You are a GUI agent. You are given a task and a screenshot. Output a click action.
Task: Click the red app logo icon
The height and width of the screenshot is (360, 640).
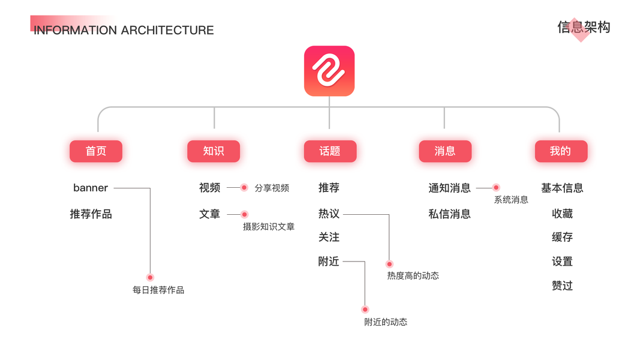pyautogui.click(x=329, y=71)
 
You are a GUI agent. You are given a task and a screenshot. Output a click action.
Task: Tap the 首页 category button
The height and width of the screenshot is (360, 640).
pyautogui.click(x=96, y=151)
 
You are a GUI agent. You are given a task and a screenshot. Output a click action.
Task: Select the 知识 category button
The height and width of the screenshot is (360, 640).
pyautogui.click(x=214, y=151)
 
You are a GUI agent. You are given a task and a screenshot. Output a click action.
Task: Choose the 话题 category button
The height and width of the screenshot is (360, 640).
pyautogui.click(x=330, y=151)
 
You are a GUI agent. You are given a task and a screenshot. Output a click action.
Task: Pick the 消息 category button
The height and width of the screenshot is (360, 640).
pyautogui.click(x=445, y=151)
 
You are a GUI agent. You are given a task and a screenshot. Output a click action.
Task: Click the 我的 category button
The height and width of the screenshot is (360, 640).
pyautogui.click(x=561, y=151)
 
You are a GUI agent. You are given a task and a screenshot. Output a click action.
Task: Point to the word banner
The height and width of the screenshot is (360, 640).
pyautogui.click(x=91, y=188)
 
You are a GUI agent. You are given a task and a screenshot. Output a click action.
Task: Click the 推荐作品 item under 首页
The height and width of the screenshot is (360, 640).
pyautogui.click(x=91, y=214)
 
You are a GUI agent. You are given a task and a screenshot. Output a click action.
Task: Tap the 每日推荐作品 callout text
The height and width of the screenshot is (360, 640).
pyautogui.click(x=158, y=290)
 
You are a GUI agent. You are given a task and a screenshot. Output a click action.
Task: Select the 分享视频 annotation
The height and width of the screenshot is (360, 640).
pyautogui.click(x=272, y=188)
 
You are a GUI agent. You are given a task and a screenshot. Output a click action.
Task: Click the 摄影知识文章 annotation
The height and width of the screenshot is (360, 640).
pyautogui.click(x=269, y=227)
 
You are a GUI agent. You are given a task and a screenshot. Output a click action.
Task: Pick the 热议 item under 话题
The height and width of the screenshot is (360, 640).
pyautogui.click(x=329, y=214)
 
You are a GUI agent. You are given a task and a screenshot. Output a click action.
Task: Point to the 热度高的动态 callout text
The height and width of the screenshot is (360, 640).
pyautogui.click(x=413, y=276)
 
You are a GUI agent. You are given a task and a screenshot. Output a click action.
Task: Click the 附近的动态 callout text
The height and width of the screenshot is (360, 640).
pyautogui.click(x=386, y=322)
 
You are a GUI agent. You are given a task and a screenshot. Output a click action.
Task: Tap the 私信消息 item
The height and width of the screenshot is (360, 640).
pyautogui.click(x=449, y=214)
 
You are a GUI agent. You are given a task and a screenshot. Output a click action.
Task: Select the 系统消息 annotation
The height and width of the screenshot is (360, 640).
pyautogui.click(x=511, y=200)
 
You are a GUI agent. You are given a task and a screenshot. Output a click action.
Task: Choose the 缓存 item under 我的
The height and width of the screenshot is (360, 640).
pyautogui.click(x=562, y=238)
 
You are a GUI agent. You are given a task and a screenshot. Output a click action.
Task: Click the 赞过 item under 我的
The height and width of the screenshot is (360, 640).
pyautogui.click(x=562, y=286)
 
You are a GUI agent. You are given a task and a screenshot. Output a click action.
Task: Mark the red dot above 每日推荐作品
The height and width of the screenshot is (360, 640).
pyautogui.click(x=150, y=277)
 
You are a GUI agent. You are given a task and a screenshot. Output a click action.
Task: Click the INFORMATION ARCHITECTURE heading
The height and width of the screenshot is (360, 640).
pyautogui.click(x=124, y=30)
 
